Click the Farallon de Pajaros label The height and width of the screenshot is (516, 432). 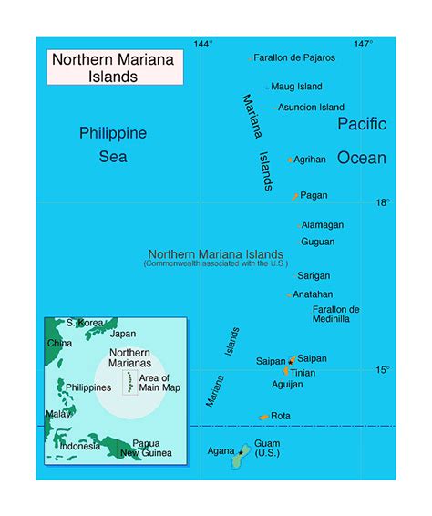[x=294, y=57]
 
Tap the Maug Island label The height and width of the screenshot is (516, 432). [x=296, y=87]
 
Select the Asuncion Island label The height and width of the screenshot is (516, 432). [x=311, y=107]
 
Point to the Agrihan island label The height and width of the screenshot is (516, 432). [x=310, y=160]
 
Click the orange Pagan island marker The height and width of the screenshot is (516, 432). [x=295, y=196]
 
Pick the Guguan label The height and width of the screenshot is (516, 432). [x=317, y=242]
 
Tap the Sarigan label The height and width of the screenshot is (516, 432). [x=314, y=275]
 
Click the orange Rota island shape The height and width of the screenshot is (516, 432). [x=263, y=417]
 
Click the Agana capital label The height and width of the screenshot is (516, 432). [x=221, y=451]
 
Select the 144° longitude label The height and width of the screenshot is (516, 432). [x=203, y=44]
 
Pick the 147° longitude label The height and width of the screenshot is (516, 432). [x=363, y=44]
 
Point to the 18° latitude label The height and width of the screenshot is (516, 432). [x=383, y=203]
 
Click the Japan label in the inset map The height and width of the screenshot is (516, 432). [x=122, y=334]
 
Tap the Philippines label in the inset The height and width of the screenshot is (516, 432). [x=88, y=387]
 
